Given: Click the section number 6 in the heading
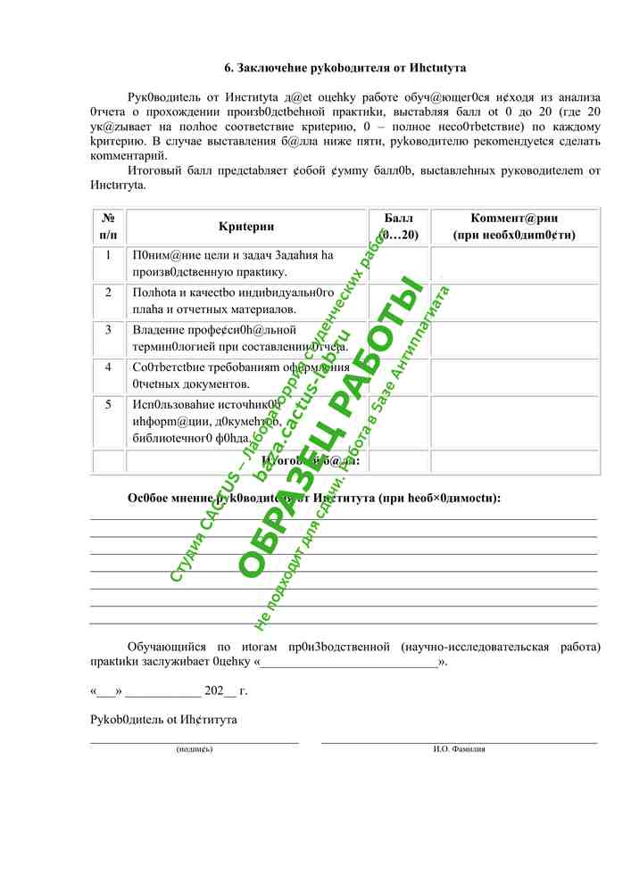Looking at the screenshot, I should point(228,68).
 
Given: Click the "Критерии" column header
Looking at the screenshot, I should point(246,227).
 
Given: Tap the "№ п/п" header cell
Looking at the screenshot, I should point(108,227).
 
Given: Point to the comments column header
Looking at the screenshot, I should point(514,227).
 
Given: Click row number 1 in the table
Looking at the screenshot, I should point(108,256).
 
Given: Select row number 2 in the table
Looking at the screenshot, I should point(108,293).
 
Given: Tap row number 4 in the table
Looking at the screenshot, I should point(108,368).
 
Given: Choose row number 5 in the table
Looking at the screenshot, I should point(108,405).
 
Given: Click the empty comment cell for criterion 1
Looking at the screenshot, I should point(514,264).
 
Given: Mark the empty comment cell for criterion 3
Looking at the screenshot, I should point(514,339).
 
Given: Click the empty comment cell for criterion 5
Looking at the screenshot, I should point(514,421).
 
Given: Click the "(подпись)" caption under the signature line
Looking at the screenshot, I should point(195,749).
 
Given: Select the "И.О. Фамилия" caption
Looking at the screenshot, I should point(459,749).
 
